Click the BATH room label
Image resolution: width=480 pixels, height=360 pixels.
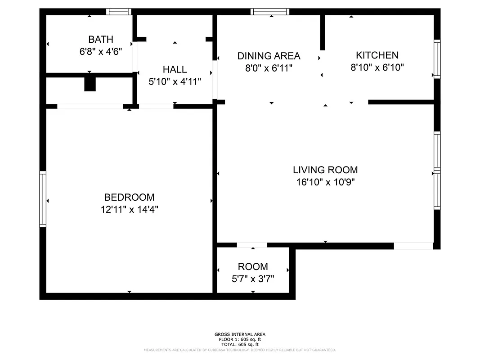[100, 40]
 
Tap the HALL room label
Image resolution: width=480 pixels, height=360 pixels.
[175, 70]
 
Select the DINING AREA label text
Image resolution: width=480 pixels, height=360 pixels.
[269, 56]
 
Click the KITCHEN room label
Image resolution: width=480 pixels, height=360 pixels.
[377, 55]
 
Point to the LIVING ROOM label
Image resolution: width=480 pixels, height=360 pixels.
[325, 170]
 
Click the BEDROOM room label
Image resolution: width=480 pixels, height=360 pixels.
[129, 197]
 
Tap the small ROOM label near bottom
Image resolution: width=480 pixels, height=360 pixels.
[253, 266]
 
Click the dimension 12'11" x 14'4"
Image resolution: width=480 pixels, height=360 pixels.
[129, 209]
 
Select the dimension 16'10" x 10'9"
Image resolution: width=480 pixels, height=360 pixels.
[325, 182]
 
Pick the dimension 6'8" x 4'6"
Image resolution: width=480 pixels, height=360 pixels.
[100, 52]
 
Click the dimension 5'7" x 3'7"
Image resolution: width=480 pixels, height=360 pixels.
[253, 279]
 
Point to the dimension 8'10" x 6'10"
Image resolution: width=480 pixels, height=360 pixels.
[377, 67]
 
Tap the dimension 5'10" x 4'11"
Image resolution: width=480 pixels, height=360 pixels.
[175, 82]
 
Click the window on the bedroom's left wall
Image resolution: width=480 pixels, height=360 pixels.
[43, 199]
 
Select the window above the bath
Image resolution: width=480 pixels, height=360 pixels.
[119, 12]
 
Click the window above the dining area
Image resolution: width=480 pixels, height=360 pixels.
[269, 12]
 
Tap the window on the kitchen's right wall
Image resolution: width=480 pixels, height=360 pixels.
[437, 59]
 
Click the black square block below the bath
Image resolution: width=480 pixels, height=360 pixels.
[90, 84]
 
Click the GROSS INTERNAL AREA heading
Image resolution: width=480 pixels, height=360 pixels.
[240, 334]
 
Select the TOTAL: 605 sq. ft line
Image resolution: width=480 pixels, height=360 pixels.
[240, 344]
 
